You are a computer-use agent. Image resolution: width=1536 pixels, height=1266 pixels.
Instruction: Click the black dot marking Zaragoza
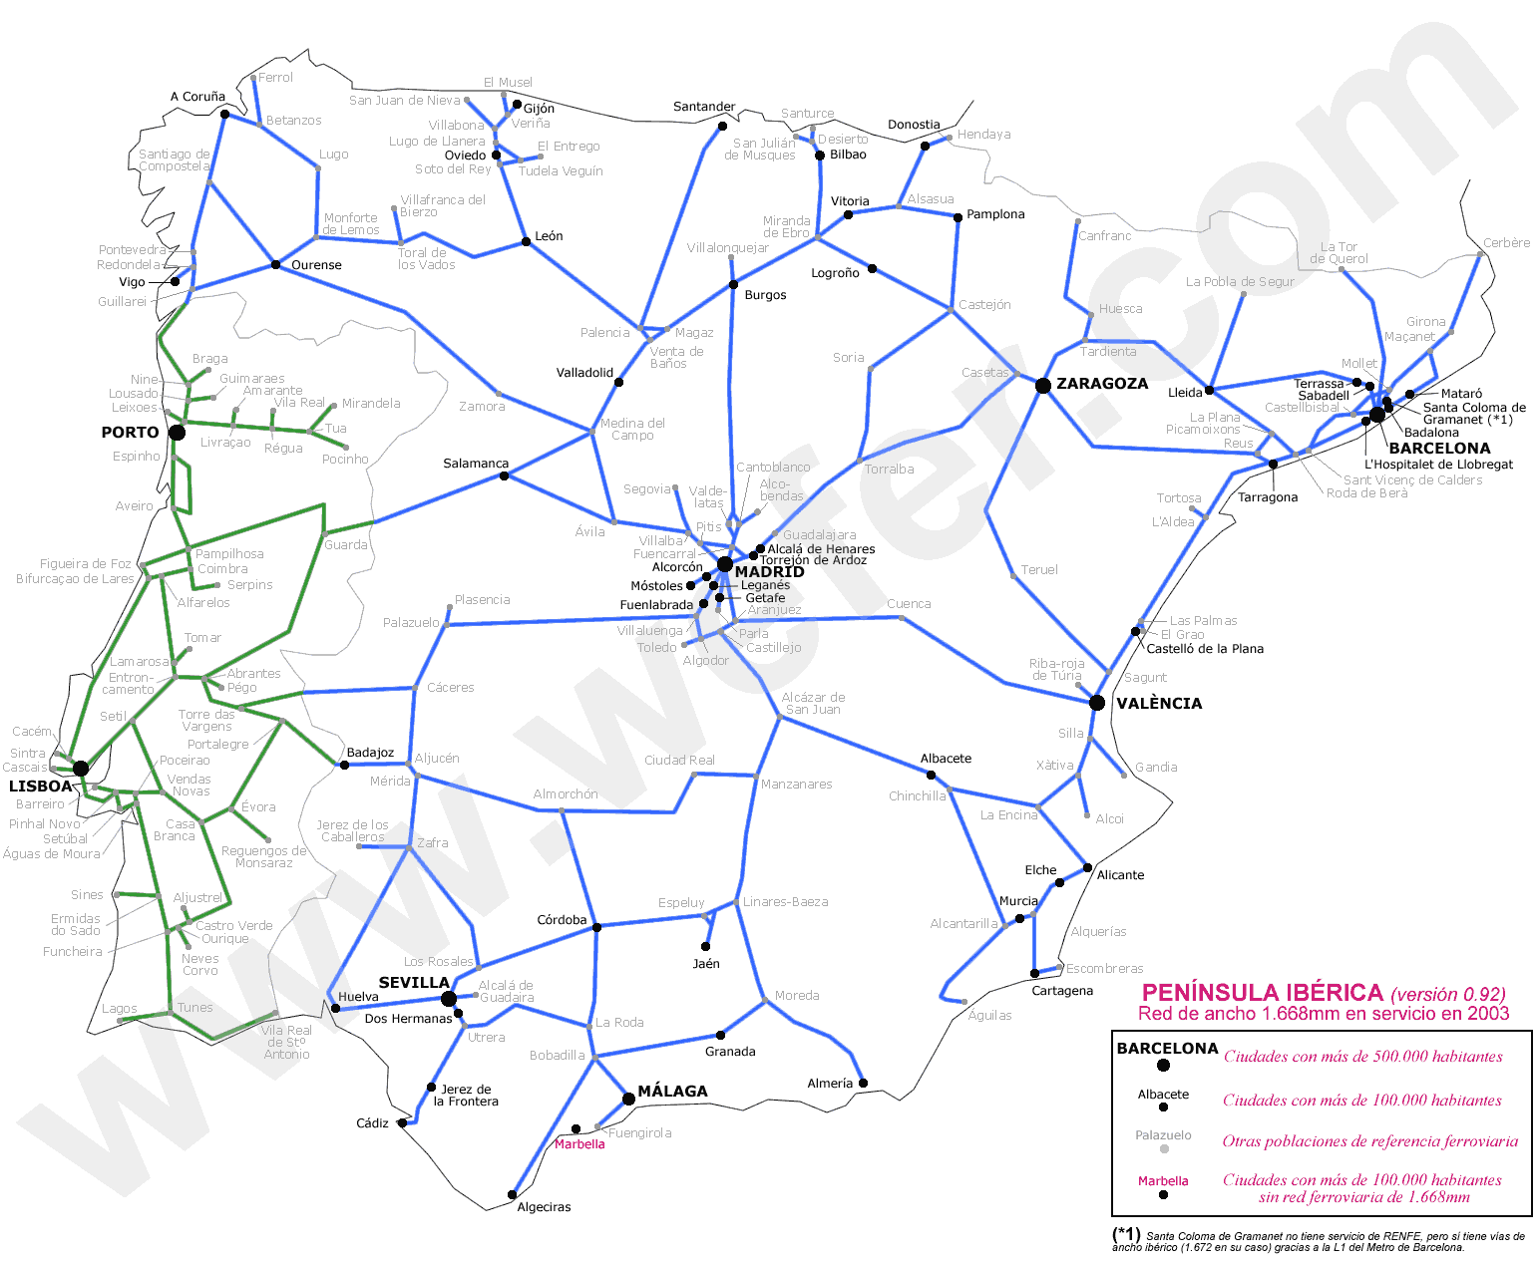1042,386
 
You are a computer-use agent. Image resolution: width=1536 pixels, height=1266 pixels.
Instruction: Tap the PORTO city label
130,433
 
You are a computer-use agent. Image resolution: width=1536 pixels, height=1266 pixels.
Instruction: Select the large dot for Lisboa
81,769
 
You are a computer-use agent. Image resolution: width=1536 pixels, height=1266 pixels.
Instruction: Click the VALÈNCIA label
1159,704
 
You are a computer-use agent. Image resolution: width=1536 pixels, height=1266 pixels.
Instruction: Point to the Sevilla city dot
449,999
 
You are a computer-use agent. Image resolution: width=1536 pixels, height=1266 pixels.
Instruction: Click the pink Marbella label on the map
579,1144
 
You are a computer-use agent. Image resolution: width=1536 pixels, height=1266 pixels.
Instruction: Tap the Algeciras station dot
513,1194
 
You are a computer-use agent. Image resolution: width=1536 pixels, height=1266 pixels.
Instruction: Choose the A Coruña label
197,97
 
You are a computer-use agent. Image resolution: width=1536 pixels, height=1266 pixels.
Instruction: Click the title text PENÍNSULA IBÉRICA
1262,993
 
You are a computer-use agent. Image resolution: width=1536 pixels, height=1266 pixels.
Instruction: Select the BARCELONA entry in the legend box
1167,1049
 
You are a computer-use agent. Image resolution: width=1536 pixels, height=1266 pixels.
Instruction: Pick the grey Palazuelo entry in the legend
1163,1135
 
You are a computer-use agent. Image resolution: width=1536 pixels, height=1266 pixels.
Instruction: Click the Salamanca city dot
504,475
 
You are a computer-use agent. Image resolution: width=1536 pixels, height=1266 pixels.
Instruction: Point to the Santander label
704,107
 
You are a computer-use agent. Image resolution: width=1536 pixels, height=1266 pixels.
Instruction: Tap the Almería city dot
863,1083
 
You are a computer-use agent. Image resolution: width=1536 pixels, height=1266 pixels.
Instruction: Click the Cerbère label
1506,243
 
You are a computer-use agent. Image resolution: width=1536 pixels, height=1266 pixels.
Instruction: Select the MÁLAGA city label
672,1092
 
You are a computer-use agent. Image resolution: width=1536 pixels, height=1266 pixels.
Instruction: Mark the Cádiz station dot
402,1122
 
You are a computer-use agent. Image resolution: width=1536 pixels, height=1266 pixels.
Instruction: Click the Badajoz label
370,753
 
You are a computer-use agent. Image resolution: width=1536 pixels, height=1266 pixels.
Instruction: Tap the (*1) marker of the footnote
1126,1234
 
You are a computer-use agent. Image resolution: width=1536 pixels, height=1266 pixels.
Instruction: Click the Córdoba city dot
596,927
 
